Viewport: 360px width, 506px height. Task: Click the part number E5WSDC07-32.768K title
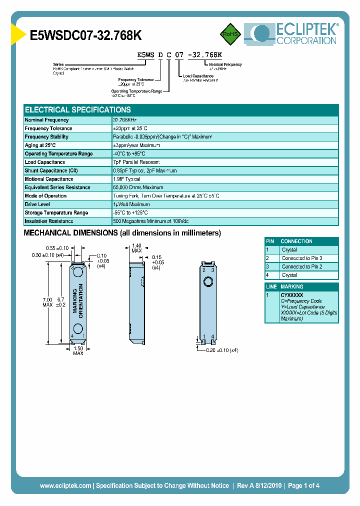click(86, 35)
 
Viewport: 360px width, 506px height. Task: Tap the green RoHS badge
click(230, 34)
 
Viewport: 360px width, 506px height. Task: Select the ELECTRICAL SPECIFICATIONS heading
click(78, 109)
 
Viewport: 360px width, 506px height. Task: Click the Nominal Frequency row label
click(47, 120)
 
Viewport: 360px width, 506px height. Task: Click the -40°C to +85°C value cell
click(129, 153)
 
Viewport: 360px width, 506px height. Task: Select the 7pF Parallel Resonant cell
click(136, 162)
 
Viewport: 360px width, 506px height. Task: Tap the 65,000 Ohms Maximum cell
click(138, 187)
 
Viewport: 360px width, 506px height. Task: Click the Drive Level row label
click(38, 204)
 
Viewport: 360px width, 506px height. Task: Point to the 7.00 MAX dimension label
click(47, 301)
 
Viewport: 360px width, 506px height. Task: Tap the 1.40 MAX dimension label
click(136, 248)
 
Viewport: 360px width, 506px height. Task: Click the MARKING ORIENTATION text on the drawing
click(77, 300)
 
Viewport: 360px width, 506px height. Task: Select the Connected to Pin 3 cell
click(302, 258)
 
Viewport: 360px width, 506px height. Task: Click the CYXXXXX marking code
click(292, 295)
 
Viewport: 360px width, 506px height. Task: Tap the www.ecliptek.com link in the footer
click(65, 485)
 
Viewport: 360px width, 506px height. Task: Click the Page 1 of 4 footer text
click(303, 485)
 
